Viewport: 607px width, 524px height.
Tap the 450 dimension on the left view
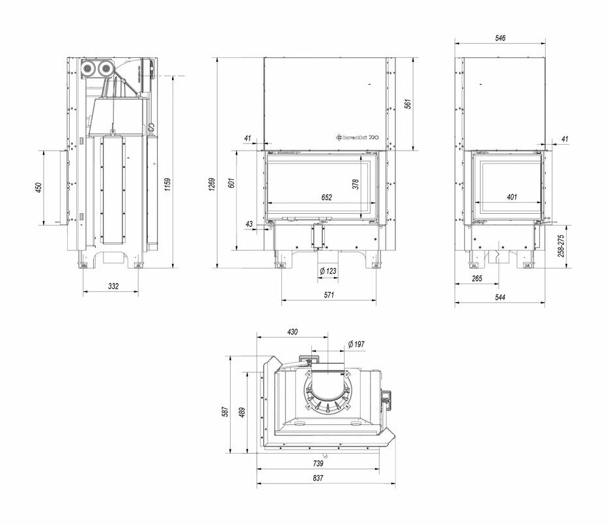click(38, 188)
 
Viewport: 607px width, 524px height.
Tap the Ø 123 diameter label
click(328, 270)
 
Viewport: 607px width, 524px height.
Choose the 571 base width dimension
click(328, 295)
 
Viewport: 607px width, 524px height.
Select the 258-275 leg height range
click(571, 247)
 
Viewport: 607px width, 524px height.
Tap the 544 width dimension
click(500, 297)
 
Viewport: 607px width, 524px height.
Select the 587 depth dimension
click(225, 412)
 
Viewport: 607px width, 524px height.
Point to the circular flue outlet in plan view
click(330, 392)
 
